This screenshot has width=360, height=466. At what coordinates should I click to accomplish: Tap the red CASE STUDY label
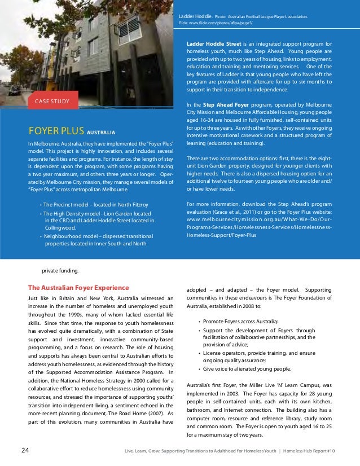click(x=52, y=102)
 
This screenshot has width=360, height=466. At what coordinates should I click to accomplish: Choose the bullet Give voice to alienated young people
click(x=247, y=369)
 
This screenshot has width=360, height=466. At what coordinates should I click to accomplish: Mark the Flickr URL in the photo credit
click(x=222, y=23)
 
